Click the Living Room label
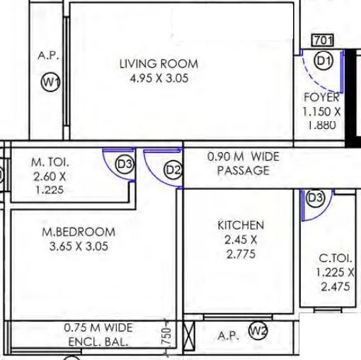point(159,64)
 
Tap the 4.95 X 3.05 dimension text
point(159,79)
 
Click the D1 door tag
point(324,62)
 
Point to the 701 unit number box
point(323,40)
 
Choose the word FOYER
point(321,98)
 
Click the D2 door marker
point(173,170)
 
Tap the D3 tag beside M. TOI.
point(125,165)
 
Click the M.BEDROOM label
point(78,232)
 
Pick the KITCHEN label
point(240,225)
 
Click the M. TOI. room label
point(50,162)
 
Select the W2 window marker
point(259,330)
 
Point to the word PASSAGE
point(243,170)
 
